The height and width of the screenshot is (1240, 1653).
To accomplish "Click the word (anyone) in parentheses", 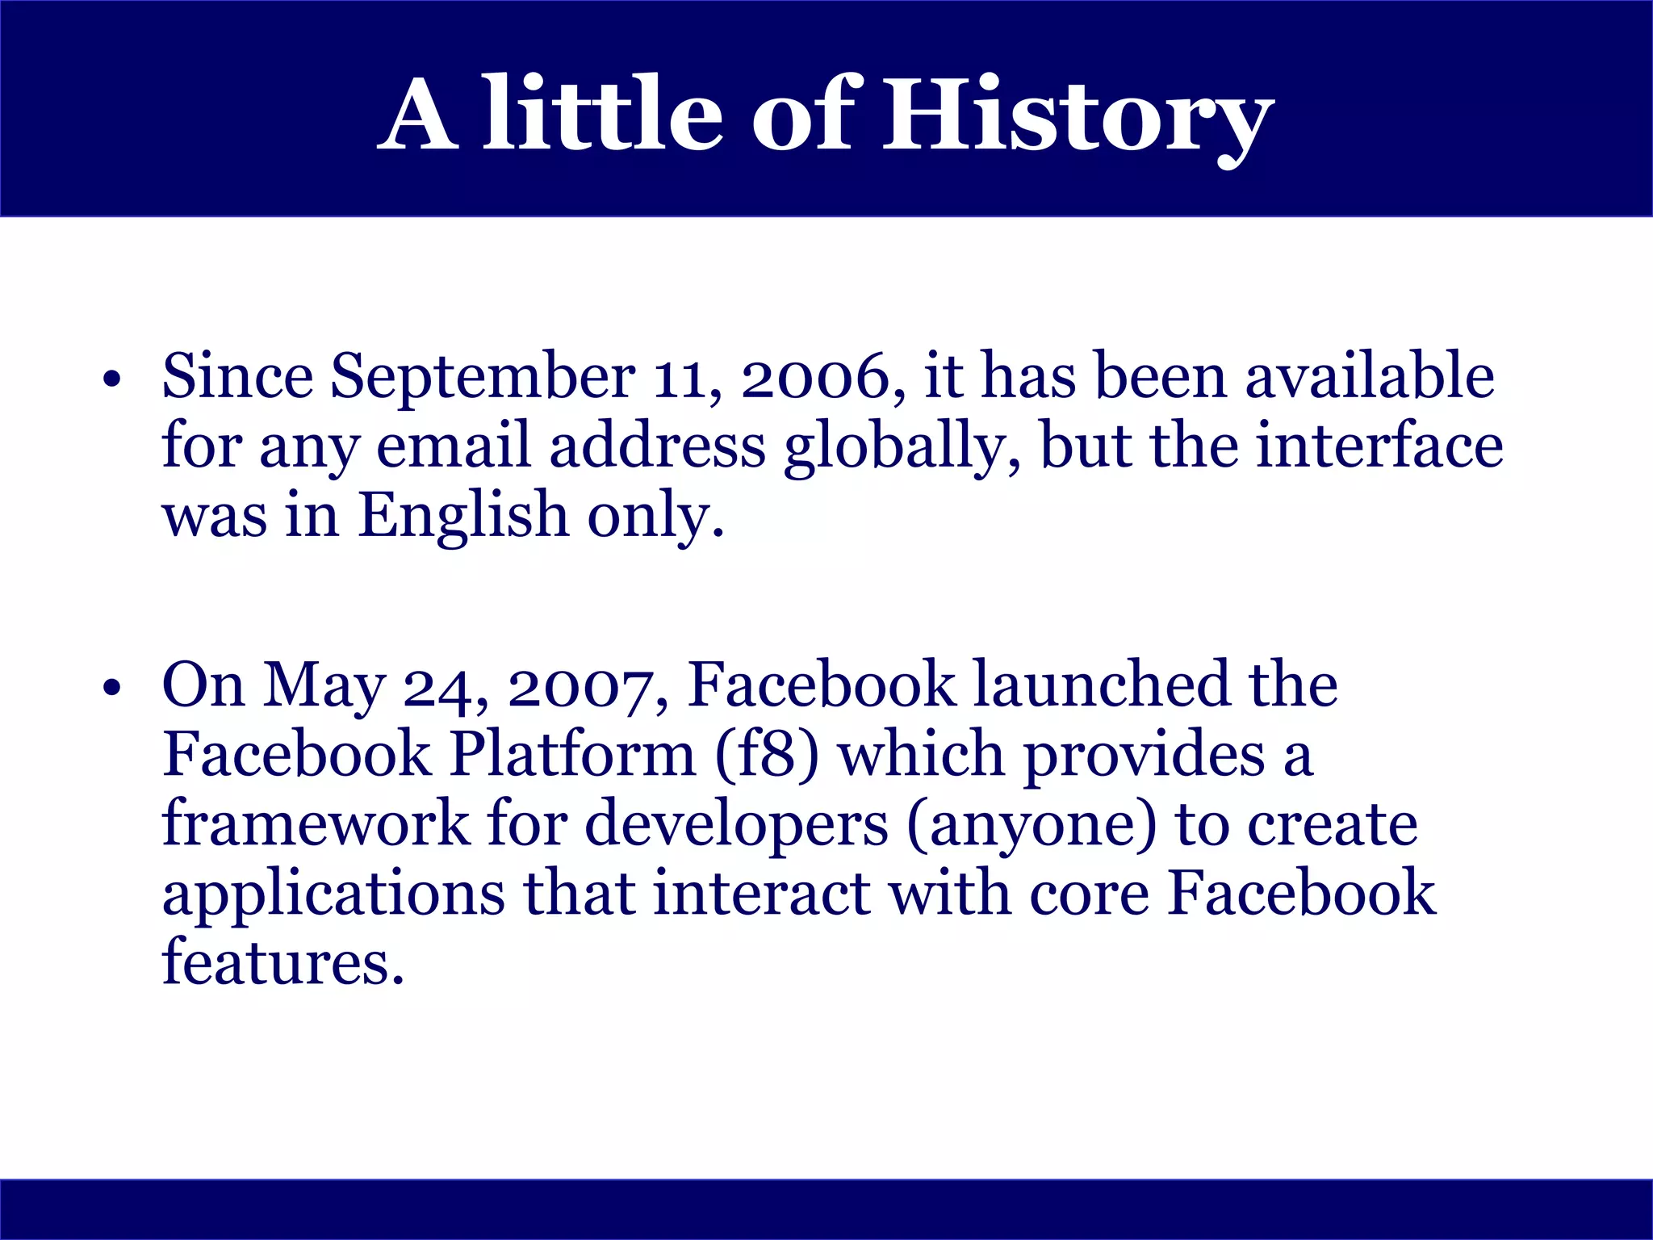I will click(x=1032, y=825).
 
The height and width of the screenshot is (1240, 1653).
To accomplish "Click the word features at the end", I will click(x=282, y=963).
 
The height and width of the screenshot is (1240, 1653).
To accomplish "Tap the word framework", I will click(x=316, y=825).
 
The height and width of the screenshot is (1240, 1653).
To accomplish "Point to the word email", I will click(x=454, y=446).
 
